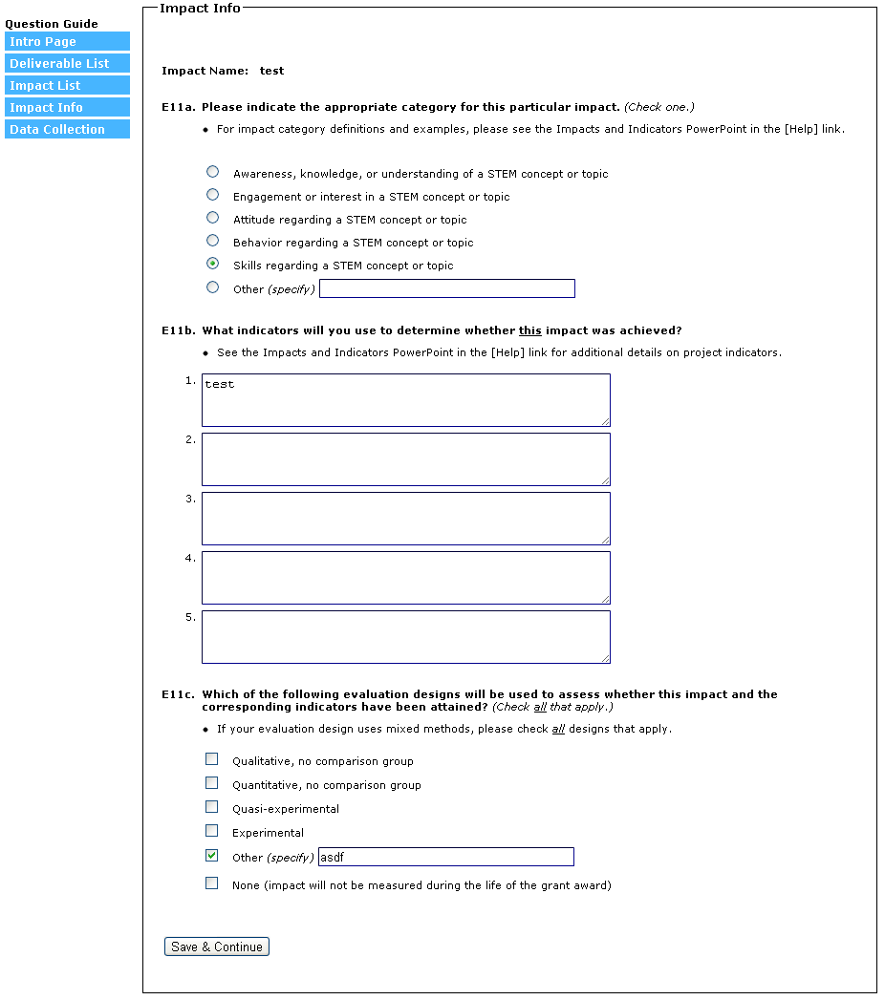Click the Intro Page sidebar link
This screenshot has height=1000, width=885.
[x=67, y=42]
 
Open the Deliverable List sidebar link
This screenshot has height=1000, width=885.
[x=67, y=64]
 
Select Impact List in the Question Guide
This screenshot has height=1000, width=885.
[x=67, y=86]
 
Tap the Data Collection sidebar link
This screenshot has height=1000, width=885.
[x=67, y=130]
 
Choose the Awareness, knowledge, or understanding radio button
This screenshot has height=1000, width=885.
[x=212, y=172]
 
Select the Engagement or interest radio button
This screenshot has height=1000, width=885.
[x=212, y=195]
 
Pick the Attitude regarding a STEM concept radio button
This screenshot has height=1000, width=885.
[x=212, y=218]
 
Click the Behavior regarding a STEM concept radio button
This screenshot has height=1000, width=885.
[x=212, y=241]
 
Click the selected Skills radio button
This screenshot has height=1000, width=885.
[x=212, y=264]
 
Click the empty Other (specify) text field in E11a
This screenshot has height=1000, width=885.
[x=447, y=288]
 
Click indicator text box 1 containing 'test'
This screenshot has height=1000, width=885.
[x=405, y=399]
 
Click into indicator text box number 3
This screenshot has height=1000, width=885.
[x=405, y=518]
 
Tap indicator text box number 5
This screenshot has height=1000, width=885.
[x=405, y=636]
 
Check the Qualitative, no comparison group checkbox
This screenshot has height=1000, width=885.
[x=211, y=759]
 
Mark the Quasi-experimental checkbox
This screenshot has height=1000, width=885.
[x=211, y=807]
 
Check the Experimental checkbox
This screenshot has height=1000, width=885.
[x=211, y=831]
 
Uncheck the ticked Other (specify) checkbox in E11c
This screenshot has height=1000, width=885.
[x=211, y=856]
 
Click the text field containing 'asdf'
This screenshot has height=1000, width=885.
[x=445, y=857]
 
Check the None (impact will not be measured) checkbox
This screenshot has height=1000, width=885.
[x=211, y=883]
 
